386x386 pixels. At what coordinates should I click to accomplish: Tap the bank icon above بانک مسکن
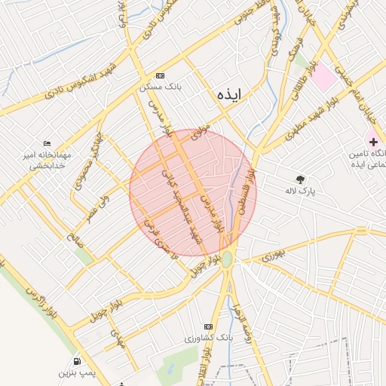click(x=159, y=76)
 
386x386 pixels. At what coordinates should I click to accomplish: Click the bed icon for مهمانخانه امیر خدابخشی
click(x=47, y=144)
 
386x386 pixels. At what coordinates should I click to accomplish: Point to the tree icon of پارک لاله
click(x=301, y=179)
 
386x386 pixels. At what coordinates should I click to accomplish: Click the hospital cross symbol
click(x=373, y=142)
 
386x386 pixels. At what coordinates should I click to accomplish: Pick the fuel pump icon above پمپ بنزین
click(x=78, y=362)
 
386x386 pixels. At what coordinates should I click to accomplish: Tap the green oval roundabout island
click(x=227, y=259)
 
